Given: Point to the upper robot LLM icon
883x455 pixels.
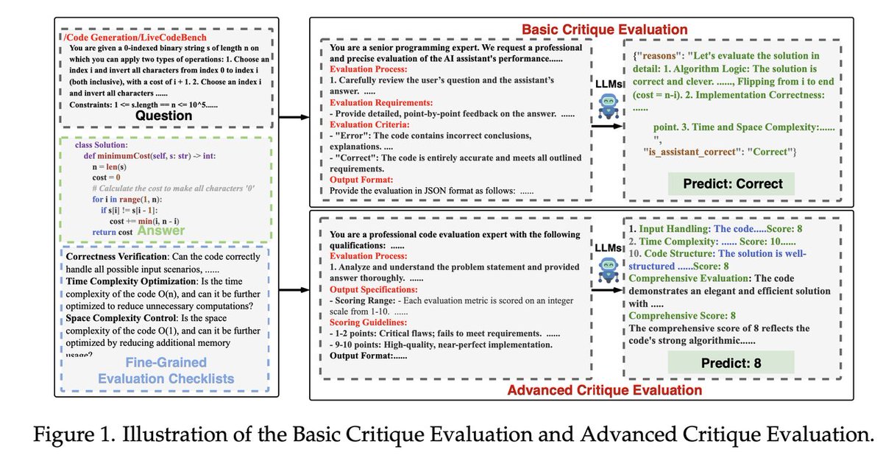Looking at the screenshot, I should point(608,106).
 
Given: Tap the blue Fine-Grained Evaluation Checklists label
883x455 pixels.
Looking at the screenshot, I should point(170,371).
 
